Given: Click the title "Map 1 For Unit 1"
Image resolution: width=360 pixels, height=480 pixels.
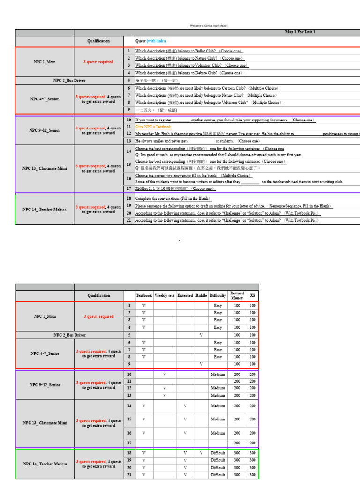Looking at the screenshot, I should point(300,32).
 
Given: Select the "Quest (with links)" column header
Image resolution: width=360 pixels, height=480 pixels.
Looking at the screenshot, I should point(150,41).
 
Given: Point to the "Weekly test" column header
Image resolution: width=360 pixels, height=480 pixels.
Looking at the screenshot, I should point(164,296).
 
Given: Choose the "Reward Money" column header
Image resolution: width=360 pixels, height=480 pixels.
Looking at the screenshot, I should point(237,296).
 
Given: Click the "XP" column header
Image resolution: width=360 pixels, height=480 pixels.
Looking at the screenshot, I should point(253,296).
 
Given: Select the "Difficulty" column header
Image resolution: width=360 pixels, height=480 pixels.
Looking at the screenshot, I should point(217,296).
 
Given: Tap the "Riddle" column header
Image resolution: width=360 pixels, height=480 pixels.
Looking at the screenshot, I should point(201,296).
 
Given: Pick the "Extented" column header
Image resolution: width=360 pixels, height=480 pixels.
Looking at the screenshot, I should point(185,296).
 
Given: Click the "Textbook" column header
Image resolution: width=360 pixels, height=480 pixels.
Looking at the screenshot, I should point(144,296).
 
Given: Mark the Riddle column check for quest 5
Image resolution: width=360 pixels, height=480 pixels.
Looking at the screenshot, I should point(201,335).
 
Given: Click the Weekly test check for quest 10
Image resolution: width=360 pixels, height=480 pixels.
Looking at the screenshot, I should point(164,375).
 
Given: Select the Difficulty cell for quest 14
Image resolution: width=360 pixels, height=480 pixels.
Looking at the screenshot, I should point(217,406).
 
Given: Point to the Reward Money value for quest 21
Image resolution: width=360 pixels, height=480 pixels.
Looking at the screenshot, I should point(237,475).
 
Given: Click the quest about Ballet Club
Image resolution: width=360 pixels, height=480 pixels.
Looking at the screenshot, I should point(189,51).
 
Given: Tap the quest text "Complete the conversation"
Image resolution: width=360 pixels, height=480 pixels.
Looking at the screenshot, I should point(173,199).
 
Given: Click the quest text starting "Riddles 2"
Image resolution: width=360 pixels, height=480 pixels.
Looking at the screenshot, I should point(175,188).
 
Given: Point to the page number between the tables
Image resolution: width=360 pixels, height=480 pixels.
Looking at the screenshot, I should point(180,241).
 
